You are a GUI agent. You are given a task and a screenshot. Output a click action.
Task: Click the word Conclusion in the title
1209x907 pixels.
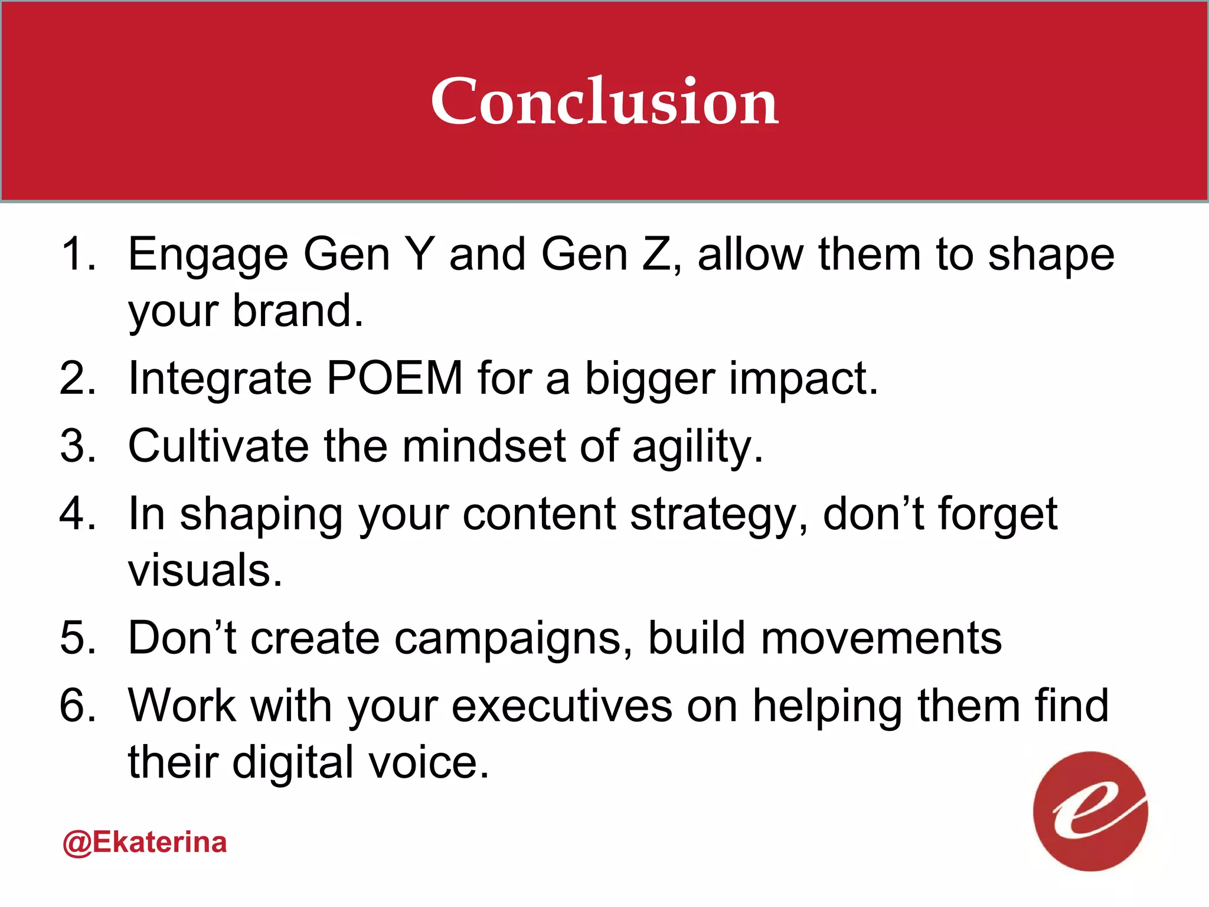[604, 102]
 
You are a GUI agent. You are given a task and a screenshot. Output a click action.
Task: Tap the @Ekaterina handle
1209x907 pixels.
[145, 843]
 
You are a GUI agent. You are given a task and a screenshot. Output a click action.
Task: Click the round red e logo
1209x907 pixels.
[1090, 811]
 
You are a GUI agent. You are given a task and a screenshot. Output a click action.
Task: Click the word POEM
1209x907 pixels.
[394, 378]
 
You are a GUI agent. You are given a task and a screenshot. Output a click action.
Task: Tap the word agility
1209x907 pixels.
[697, 448]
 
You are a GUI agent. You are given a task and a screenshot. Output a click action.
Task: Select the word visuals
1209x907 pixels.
[205, 570]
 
